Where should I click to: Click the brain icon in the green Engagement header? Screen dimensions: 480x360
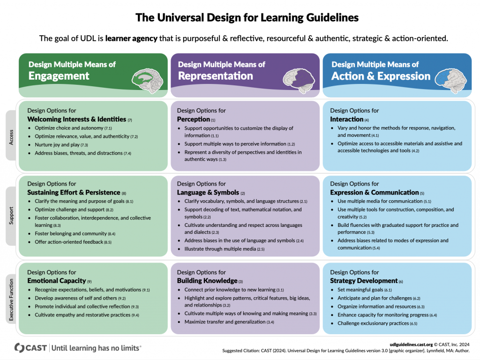[147, 80]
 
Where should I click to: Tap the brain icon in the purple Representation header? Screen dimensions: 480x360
[299, 81]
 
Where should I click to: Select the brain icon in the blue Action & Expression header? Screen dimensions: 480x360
[450, 80]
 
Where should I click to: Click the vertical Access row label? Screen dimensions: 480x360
[11, 137]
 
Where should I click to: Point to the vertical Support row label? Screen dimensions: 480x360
[11, 216]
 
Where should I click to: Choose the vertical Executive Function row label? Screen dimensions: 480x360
[11, 300]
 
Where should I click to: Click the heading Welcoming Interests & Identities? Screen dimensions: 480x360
[76, 119]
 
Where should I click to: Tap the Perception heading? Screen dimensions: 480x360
[194, 119]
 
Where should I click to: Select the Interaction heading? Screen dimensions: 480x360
[346, 119]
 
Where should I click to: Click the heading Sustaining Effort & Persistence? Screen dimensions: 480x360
[74, 192]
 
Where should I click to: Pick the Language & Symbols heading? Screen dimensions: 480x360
[208, 192]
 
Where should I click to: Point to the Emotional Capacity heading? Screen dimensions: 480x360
[57, 280]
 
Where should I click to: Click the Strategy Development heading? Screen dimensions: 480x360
[364, 280]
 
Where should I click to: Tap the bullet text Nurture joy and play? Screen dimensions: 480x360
[57, 144]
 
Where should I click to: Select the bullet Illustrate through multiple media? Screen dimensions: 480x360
[220, 249]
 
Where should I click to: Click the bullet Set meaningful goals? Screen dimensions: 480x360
[360, 290]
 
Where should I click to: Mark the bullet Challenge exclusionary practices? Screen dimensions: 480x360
[373, 323]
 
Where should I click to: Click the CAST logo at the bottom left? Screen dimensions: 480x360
[30, 348]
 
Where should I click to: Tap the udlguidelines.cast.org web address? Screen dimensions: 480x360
[411, 345]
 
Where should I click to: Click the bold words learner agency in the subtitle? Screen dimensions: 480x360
[131, 38]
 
